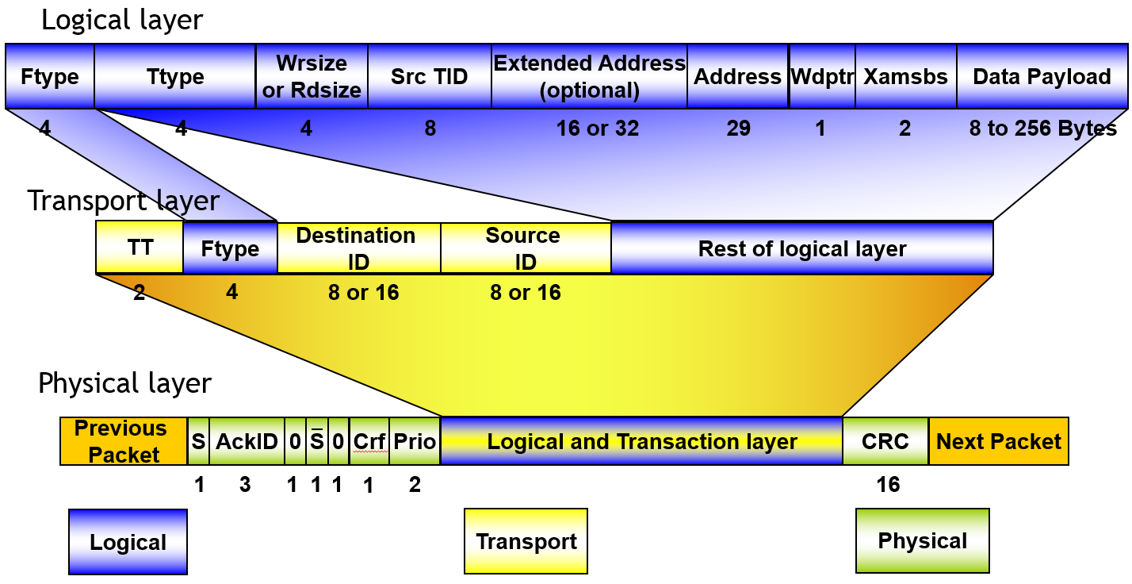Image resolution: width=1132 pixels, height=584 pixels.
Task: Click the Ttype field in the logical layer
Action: click(175, 76)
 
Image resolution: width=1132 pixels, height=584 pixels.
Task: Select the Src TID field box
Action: click(430, 76)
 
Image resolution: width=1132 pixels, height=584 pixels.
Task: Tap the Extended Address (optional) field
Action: click(589, 76)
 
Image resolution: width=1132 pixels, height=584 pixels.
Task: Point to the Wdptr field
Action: click(822, 76)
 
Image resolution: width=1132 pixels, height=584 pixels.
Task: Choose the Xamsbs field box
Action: click(905, 76)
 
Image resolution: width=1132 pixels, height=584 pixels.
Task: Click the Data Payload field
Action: click(1042, 76)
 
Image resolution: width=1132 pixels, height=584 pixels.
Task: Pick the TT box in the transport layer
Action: click(140, 247)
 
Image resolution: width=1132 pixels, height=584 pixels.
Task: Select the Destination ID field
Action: click(358, 248)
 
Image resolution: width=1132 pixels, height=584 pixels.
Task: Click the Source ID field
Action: click(525, 248)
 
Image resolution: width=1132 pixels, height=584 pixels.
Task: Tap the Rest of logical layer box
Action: click(801, 248)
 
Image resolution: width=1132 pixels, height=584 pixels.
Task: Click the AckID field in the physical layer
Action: click(246, 441)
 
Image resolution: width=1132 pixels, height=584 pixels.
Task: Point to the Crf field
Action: click(369, 441)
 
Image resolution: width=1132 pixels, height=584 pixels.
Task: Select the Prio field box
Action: click(415, 441)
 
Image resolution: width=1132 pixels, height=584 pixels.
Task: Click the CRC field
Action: click(885, 441)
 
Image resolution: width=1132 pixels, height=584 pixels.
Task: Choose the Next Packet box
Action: click(998, 441)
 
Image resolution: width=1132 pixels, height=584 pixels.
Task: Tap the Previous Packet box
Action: click(123, 441)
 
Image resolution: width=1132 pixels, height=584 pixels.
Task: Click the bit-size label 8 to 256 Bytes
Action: click(1042, 128)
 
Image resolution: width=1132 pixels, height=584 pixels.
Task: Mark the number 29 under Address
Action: click(738, 128)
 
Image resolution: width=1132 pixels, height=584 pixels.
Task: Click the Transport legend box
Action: click(526, 541)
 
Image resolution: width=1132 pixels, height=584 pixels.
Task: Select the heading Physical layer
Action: click(124, 383)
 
